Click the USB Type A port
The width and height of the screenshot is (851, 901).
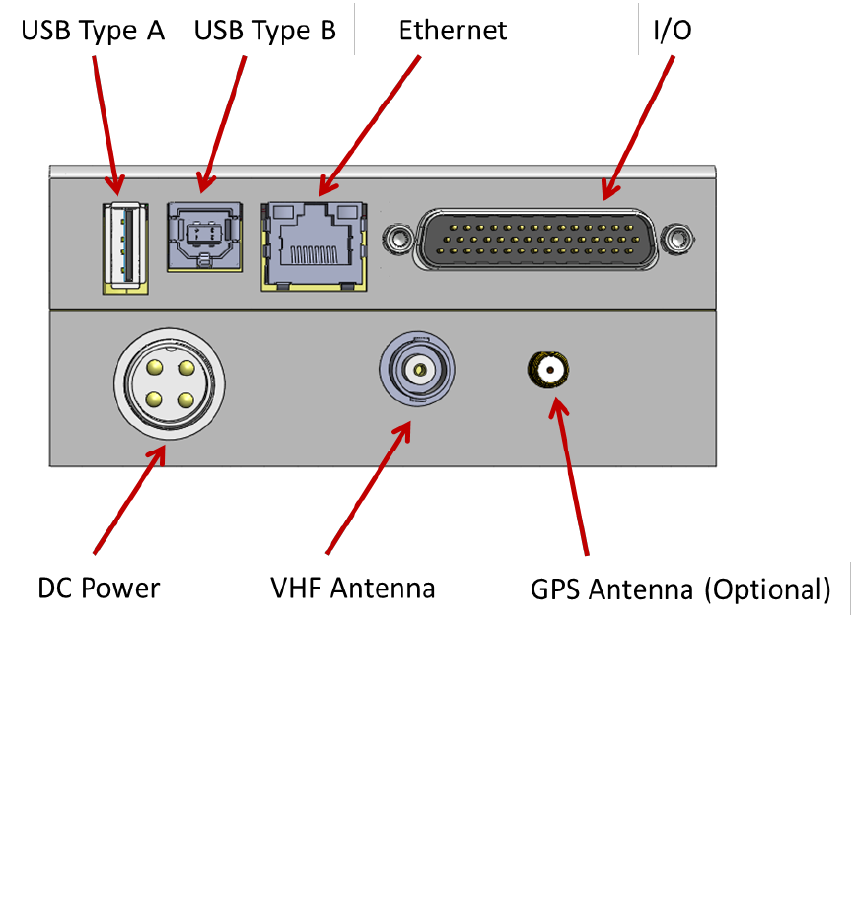point(125,248)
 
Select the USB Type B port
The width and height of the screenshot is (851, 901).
point(204,237)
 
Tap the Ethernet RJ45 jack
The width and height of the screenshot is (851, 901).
point(314,246)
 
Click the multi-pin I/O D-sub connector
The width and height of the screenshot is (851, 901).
point(535,239)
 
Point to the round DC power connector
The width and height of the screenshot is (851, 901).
point(170,383)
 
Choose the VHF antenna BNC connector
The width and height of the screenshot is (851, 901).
point(417,369)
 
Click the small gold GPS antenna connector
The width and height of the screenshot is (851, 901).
point(548,370)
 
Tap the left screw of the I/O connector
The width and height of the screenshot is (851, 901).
point(397,239)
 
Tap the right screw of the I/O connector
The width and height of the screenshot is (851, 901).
point(676,239)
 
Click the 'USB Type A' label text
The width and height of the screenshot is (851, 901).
point(93,31)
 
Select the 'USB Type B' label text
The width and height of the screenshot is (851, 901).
point(265,31)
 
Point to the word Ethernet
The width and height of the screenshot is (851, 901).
point(453,31)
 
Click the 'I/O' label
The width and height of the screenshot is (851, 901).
point(673,30)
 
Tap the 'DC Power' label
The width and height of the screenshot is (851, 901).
point(99,589)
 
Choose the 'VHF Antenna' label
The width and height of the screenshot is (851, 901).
point(353,589)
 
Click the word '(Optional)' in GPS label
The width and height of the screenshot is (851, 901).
point(768,590)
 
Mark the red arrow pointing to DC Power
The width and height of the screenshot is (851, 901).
point(130,500)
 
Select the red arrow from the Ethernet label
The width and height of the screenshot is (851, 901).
point(370,126)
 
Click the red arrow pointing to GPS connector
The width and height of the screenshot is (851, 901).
point(568,477)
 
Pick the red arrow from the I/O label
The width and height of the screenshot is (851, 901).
point(638,127)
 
